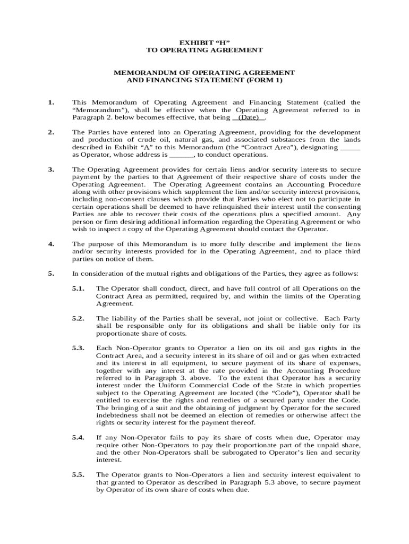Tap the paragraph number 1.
point(50,102)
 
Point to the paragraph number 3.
point(50,169)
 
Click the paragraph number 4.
point(50,244)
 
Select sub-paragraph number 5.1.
point(79,288)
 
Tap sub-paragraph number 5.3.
point(79,348)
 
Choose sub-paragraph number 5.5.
point(79,474)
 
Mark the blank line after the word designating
point(350,147)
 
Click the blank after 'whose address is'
point(182,155)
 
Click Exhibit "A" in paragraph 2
point(135,147)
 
